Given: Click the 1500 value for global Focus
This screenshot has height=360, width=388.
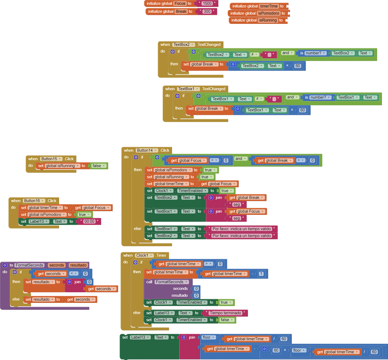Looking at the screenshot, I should point(207,3).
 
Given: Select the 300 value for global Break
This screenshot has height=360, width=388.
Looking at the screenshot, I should point(207,12).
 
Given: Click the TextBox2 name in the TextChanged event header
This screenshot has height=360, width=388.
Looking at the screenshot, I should point(183,45).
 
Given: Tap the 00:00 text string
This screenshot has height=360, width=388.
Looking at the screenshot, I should point(89,222).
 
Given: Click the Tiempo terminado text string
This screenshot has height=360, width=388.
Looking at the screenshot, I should point(225,313).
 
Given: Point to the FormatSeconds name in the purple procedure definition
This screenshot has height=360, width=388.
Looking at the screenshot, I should point(30,265).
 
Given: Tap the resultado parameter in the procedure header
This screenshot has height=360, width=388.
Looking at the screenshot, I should point(78,265).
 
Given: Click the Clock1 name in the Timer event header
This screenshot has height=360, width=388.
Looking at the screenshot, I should point(144,255).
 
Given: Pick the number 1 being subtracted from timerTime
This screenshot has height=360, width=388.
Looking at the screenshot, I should point(261,274).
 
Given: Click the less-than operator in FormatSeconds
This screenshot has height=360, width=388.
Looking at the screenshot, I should point(74,274).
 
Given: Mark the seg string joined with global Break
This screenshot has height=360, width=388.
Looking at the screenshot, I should point(236,205).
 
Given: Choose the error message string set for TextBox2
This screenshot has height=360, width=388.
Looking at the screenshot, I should point(241,236).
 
